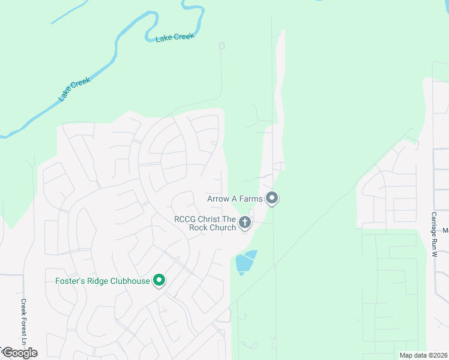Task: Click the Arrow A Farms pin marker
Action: (272, 198)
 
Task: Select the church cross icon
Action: (244, 223)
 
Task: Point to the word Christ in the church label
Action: (212, 219)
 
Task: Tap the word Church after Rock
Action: (223, 227)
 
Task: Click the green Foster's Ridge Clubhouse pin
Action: (159, 280)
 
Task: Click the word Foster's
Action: (66, 281)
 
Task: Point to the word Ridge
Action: (96, 281)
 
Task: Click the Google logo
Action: (19, 353)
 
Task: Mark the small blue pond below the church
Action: (245, 262)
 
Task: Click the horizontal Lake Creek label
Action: (175, 37)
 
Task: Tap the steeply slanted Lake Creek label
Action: (74, 89)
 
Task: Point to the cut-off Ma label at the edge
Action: (445, 230)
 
